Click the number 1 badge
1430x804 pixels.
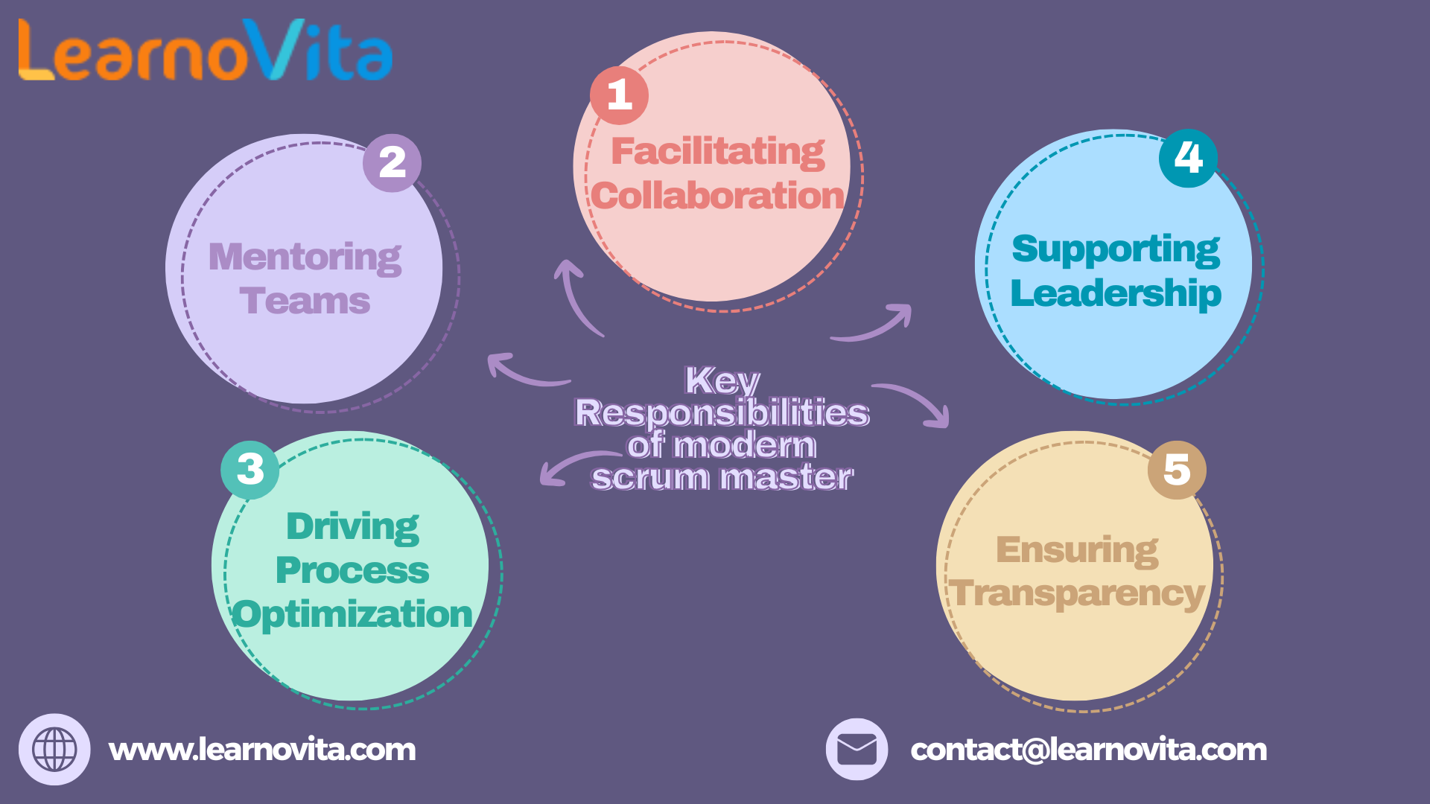pos(619,95)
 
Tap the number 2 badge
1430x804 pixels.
pos(392,163)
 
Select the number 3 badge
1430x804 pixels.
pos(250,470)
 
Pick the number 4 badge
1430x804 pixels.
pos(1188,158)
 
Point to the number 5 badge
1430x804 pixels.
pos(1177,470)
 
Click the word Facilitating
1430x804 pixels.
pos(718,152)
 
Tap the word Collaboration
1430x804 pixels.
pos(718,196)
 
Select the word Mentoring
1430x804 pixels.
pos(305,258)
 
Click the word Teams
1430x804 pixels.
pos(305,301)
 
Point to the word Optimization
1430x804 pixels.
pos(352,615)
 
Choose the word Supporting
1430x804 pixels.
pos(1116,249)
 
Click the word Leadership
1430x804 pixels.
pos(1116,293)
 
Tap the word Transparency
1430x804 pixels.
pos(1078,594)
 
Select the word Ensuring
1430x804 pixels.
pos(1077,551)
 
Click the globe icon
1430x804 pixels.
pos(54,749)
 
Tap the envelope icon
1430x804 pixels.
pos(857,749)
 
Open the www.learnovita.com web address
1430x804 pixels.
pos(262,750)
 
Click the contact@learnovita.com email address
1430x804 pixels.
pos(1088,750)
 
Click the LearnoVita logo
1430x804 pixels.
pos(205,51)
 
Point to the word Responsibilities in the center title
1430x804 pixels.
pos(722,413)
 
